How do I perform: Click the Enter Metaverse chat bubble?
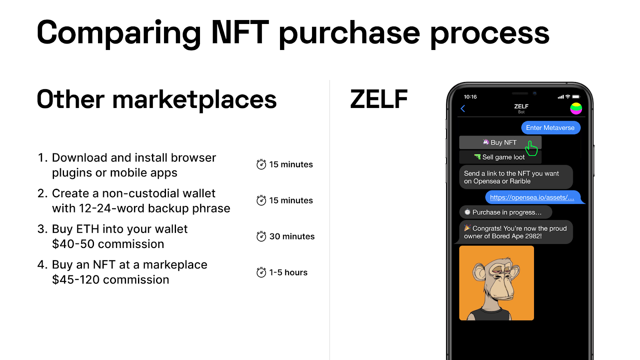click(x=550, y=128)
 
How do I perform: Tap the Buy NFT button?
click(x=500, y=142)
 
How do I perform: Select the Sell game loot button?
click(x=500, y=157)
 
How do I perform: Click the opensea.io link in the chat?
click(x=532, y=198)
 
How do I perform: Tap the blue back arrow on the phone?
click(x=463, y=108)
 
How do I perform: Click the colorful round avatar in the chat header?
click(x=576, y=108)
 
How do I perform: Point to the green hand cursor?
click(x=531, y=148)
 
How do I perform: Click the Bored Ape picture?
click(x=496, y=283)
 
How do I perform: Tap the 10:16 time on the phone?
click(x=470, y=97)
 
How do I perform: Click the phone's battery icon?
click(x=576, y=97)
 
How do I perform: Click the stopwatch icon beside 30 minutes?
click(x=261, y=236)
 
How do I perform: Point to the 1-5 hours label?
click(x=288, y=272)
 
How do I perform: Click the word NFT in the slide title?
click(x=240, y=32)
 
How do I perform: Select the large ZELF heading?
click(x=379, y=99)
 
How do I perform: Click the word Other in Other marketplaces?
click(x=70, y=99)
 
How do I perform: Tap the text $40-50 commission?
click(x=108, y=244)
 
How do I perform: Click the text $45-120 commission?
click(x=110, y=280)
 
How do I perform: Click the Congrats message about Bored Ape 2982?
click(x=516, y=232)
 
